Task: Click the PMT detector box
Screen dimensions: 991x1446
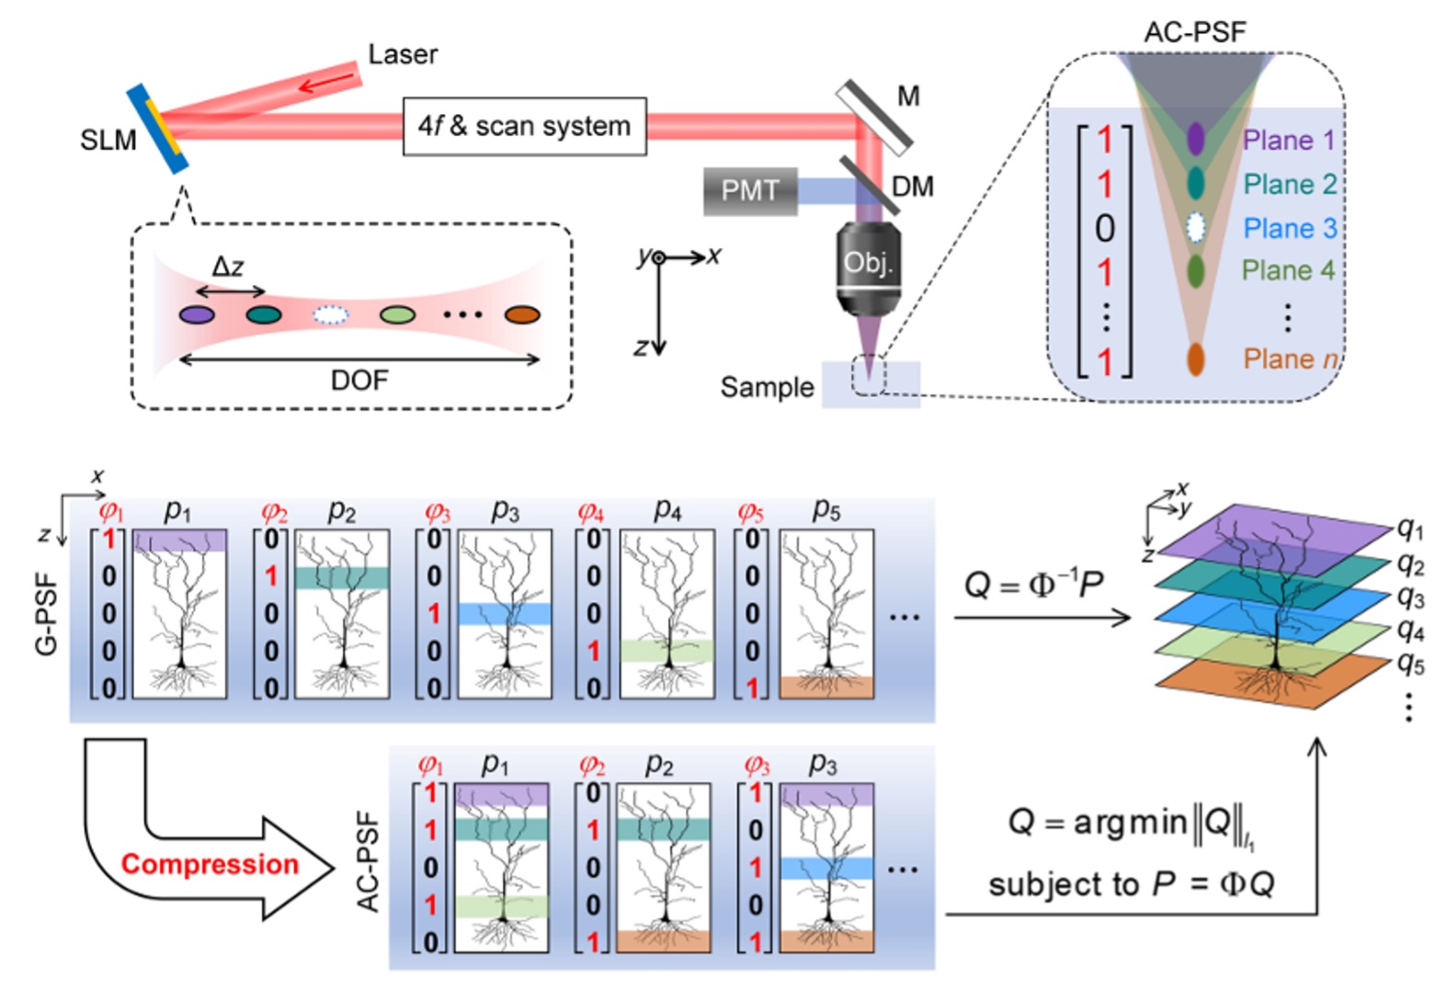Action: click(x=749, y=190)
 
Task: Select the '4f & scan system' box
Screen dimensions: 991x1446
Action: click(x=524, y=126)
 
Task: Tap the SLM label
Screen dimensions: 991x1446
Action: click(x=108, y=140)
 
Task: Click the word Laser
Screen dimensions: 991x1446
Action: click(x=403, y=54)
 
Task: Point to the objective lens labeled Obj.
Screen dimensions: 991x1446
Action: click(x=868, y=264)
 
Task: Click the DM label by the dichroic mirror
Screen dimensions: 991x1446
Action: click(x=913, y=187)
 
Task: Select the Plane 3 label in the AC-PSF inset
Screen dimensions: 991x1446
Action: click(x=1289, y=227)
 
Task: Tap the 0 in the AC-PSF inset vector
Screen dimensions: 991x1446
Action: click(x=1105, y=228)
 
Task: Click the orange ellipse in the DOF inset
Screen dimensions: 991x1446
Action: click(x=522, y=315)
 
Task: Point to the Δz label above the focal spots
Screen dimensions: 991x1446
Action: click(x=228, y=268)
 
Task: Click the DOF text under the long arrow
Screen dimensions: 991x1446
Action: click(x=359, y=380)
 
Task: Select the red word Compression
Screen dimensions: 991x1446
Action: click(x=210, y=864)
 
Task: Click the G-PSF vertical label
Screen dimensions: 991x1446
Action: click(x=46, y=614)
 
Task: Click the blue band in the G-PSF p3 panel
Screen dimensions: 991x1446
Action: click(x=505, y=613)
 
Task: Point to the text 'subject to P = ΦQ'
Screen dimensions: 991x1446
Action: click(x=1131, y=884)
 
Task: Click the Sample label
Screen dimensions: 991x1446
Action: click(x=767, y=387)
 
